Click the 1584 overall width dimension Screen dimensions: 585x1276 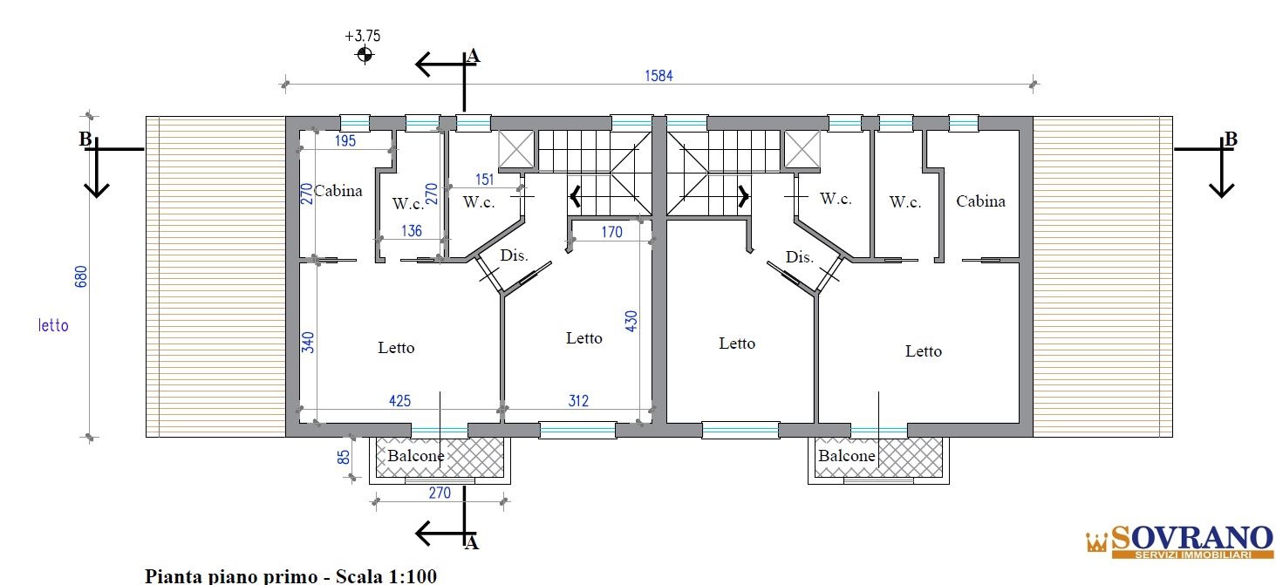point(658,76)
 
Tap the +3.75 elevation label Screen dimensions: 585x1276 point(363,37)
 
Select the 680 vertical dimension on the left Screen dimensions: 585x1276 point(81,275)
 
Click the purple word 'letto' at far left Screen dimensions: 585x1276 point(53,326)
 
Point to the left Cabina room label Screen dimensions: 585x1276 point(338,191)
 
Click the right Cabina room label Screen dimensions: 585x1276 point(980,201)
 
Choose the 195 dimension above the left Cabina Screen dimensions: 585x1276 point(345,141)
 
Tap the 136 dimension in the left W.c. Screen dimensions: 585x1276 point(411,231)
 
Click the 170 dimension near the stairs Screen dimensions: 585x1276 point(612,232)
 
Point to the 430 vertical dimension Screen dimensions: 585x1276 point(630,320)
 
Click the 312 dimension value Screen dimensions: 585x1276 point(577,401)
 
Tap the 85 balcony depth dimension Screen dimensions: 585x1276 point(345,456)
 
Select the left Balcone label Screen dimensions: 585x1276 point(415,456)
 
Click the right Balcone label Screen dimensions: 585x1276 point(846,456)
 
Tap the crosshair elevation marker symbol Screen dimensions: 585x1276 point(365,56)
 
